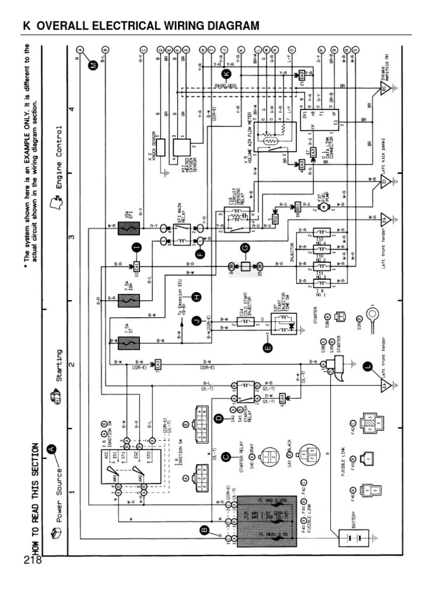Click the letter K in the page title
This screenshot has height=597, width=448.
pos(26,26)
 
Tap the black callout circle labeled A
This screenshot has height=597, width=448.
pos(52,448)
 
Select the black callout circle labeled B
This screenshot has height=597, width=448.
pos(204,530)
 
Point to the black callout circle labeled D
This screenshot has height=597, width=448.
pos(219,418)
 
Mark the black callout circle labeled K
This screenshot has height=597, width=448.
pos(227,73)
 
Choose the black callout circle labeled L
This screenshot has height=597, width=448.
pos(367,367)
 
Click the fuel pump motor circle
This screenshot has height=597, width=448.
pos(320,207)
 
